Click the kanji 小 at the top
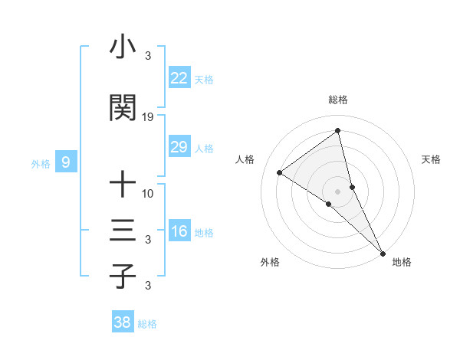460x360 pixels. tap(123, 47)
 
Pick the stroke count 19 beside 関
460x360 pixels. tap(148, 117)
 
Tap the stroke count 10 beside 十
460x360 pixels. tap(148, 193)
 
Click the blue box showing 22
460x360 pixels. tap(179, 78)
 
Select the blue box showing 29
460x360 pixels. tap(179, 147)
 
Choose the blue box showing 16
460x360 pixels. tap(179, 231)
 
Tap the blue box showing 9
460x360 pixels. tap(66, 162)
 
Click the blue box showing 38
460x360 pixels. tap(122, 322)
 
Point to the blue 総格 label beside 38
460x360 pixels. tap(147, 324)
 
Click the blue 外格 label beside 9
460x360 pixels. tap(40, 163)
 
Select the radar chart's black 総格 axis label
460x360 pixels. tap(338, 100)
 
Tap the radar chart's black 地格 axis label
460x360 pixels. tap(402, 262)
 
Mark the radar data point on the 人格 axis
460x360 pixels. tap(280, 172)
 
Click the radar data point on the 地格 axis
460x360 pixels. tap(383, 252)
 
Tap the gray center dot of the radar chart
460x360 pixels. tap(338, 190)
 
